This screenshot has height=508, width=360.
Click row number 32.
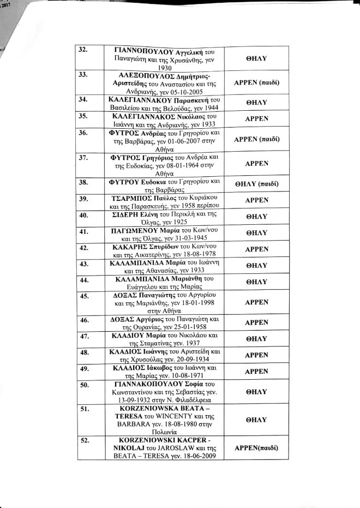pos(83,50)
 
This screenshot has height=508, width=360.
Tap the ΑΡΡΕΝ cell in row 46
pos(256,322)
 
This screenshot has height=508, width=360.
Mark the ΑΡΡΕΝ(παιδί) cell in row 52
pos(256,448)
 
